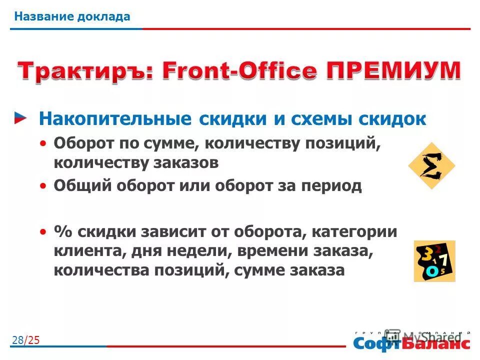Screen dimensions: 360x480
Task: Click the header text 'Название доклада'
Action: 72,16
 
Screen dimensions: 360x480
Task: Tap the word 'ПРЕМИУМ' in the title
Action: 392,70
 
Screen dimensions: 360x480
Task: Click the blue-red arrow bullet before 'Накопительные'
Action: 20,118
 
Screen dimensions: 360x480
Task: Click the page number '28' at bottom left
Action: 17,340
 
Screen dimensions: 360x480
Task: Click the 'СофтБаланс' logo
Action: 411,341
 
